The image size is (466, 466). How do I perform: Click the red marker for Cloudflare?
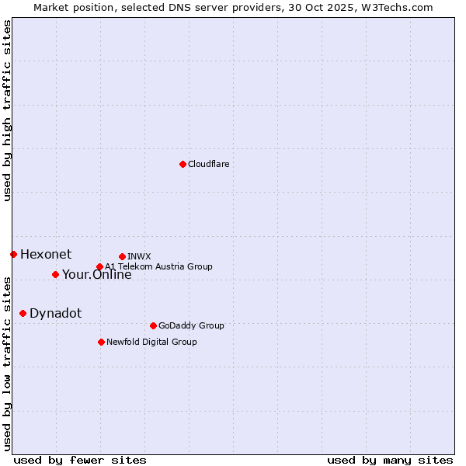[183, 164]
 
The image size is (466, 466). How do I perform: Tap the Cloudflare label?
[208, 165]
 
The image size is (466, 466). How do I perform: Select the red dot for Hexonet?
[13, 254]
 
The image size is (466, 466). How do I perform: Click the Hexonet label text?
[46, 254]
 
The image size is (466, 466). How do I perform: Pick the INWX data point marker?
[122, 256]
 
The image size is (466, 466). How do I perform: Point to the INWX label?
[139, 256]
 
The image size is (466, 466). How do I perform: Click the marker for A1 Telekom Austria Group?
[99, 266]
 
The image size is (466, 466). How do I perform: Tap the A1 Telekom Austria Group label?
[158, 266]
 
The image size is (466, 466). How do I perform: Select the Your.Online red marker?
[55, 274]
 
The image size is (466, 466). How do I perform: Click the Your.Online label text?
[97, 275]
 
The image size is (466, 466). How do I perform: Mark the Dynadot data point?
[23, 313]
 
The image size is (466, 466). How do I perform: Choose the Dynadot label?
[55, 314]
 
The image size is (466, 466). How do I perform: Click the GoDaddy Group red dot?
[153, 325]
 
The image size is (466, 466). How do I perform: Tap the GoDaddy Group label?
[191, 326]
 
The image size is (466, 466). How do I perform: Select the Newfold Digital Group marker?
[101, 342]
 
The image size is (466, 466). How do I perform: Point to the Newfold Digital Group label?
[151, 342]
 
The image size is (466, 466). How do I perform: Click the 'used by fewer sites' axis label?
[80, 460]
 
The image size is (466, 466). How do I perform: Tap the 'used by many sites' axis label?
[390, 460]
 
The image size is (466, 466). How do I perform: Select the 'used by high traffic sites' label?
[7, 110]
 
